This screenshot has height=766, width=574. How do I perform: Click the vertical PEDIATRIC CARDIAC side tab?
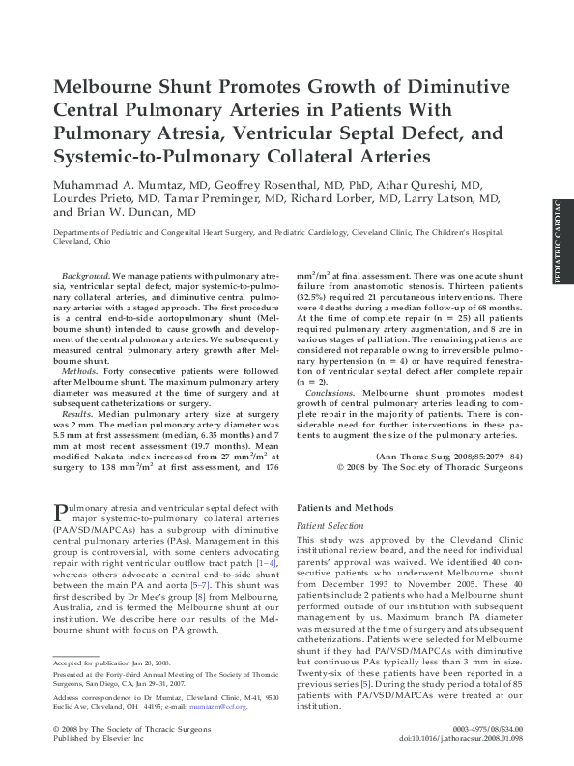(x=559, y=241)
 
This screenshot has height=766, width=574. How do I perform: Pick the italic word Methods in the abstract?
(x=79, y=370)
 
